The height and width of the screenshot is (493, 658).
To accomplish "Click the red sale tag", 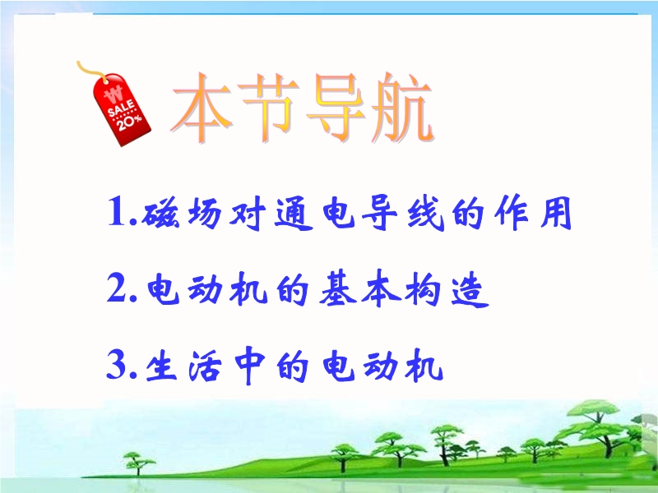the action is click(122, 110).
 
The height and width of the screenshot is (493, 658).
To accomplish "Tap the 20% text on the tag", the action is click(129, 122).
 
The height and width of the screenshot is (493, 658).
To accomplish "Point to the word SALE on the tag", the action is click(121, 108).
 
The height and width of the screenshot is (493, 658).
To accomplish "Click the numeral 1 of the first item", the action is click(117, 211).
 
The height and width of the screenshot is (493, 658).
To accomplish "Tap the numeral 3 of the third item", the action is click(117, 364).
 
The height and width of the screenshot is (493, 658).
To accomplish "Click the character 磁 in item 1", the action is click(161, 213).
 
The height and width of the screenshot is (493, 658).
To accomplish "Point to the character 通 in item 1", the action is click(294, 213).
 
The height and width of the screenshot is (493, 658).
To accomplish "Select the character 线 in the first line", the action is click(425, 213).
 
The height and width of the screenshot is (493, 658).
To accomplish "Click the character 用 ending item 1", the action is click(556, 213).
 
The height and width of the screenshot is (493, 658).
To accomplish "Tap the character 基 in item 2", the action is click(338, 288).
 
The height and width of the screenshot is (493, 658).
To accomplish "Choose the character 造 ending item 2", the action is click(470, 289).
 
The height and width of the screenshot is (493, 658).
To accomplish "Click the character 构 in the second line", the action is click(423, 288).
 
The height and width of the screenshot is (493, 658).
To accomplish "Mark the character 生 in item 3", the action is click(162, 366).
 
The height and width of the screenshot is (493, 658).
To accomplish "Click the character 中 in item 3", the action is click(250, 365).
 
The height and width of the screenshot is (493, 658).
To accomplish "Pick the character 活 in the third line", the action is click(206, 366).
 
